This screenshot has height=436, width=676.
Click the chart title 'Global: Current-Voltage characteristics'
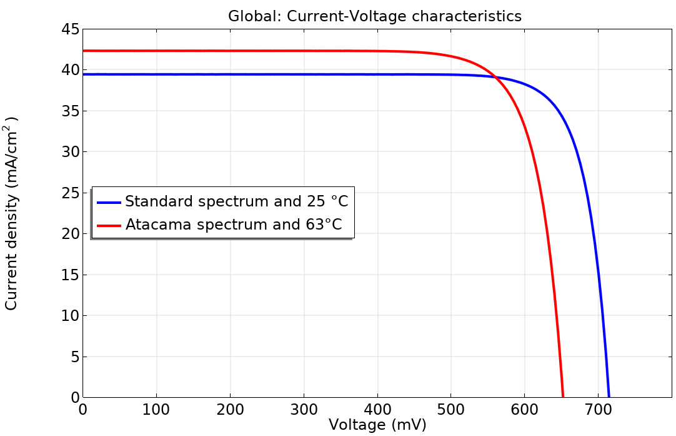[374, 16]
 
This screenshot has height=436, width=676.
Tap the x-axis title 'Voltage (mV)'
[377, 425]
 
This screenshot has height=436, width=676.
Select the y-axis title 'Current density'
[12, 213]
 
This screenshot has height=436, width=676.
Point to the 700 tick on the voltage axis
[598, 410]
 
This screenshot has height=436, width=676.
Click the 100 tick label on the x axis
[156, 410]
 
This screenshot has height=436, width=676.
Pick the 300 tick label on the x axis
[304, 410]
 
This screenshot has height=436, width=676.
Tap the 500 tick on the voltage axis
[450, 410]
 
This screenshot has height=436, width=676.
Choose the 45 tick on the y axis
[71, 29]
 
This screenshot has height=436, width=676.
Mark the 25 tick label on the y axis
[71, 193]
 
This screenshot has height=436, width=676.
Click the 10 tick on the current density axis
[71, 316]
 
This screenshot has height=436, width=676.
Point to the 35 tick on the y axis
[71, 111]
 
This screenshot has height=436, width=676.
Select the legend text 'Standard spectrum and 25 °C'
[236, 202]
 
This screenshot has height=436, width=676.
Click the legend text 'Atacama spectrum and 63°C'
[234, 225]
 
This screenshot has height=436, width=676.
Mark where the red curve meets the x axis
[563, 397]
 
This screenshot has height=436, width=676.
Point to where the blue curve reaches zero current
[609, 397]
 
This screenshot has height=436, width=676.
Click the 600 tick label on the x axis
[524, 410]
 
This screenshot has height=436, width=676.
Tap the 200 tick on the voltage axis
[230, 410]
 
